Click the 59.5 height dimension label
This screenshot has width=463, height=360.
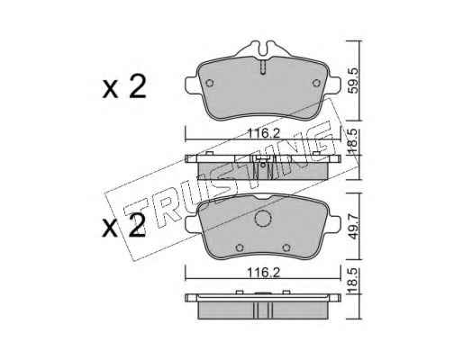(354, 80)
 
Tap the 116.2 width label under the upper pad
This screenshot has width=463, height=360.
(263, 133)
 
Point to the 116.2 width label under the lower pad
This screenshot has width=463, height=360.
(263, 273)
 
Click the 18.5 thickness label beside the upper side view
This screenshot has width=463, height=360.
(353, 141)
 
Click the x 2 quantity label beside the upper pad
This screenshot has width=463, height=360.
(124, 86)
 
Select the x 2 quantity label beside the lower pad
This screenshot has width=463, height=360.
(124, 225)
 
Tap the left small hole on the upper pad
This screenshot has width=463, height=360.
(210, 83)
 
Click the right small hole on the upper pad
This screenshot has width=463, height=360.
(316, 83)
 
